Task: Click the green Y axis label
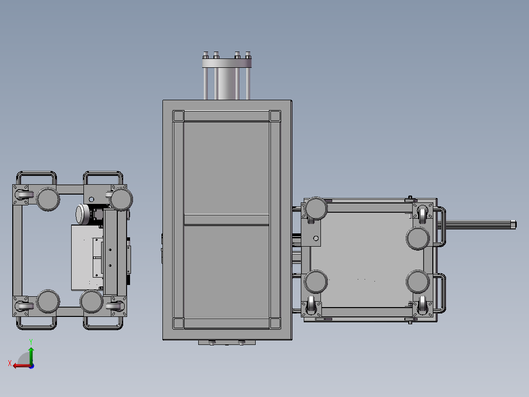pyautogui.click(x=31, y=342)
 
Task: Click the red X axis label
pyautogui.click(x=10, y=363)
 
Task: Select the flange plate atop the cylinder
pyautogui.click(x=227, y=63)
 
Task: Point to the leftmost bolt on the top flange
pyautogui.click(x=206, y=55)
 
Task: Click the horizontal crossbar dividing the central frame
pyautogui.click(x=226, y=220)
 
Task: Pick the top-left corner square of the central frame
pyautogui.click(x=178, y=116)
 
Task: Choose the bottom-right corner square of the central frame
pyautogui.click(x=275, y=323)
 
